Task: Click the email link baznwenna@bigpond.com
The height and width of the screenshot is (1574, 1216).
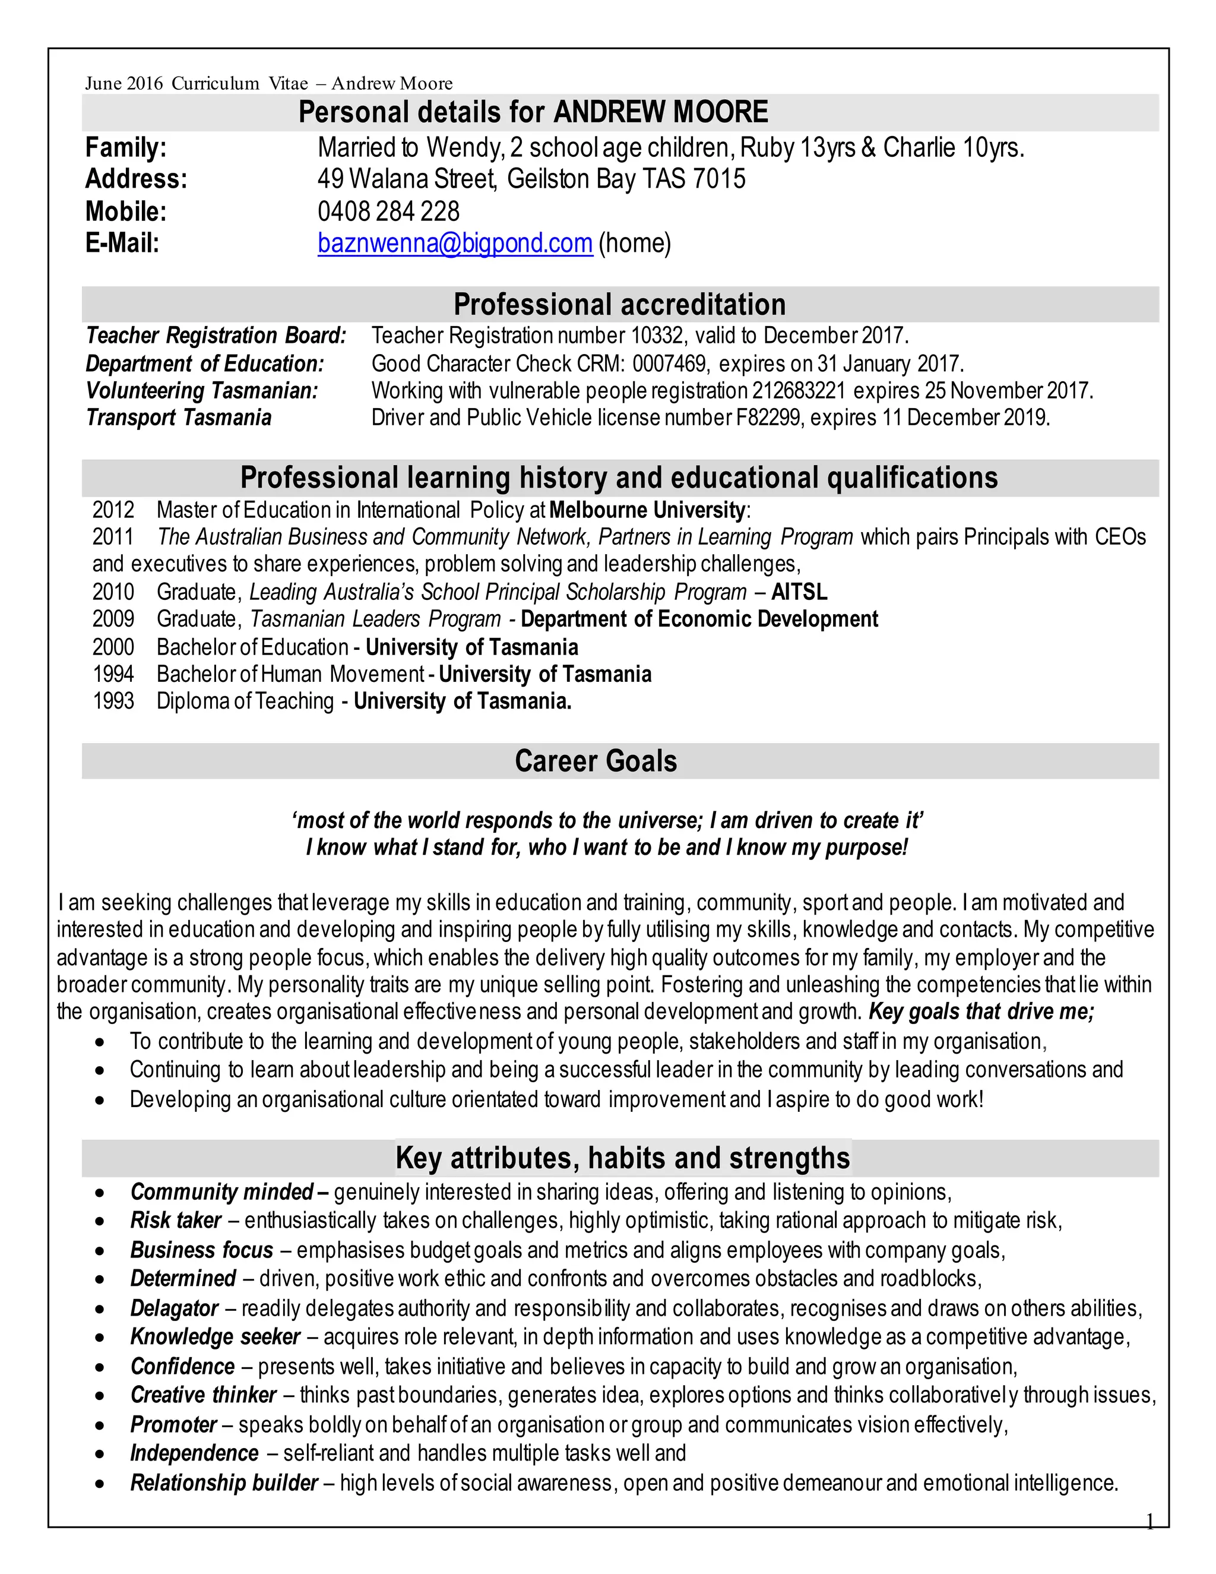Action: [455, 244]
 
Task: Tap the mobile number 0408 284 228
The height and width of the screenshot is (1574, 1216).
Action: [388, 212]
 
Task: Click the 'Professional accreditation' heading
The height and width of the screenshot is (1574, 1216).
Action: [619, 305]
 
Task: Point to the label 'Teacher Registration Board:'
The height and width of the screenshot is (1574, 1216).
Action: [216, 336]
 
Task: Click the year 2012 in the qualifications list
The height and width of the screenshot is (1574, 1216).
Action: [113, 510]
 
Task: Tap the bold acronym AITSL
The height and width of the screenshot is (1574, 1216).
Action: [800, 592]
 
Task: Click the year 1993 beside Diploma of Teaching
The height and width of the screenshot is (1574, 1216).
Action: [113, 701]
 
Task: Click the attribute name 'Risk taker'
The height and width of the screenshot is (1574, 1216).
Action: [176, 1220]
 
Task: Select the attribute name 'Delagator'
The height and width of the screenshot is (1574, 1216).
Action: [175, 1308]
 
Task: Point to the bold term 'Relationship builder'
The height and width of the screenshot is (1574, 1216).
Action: [224, 1483]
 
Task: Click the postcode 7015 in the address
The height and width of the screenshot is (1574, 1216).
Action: [720, 179]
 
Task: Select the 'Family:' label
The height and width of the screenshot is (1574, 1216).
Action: [126, 148]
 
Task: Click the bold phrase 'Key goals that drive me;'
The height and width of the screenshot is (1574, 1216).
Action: [981, 1012]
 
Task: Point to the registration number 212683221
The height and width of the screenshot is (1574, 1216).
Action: [798, 391]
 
